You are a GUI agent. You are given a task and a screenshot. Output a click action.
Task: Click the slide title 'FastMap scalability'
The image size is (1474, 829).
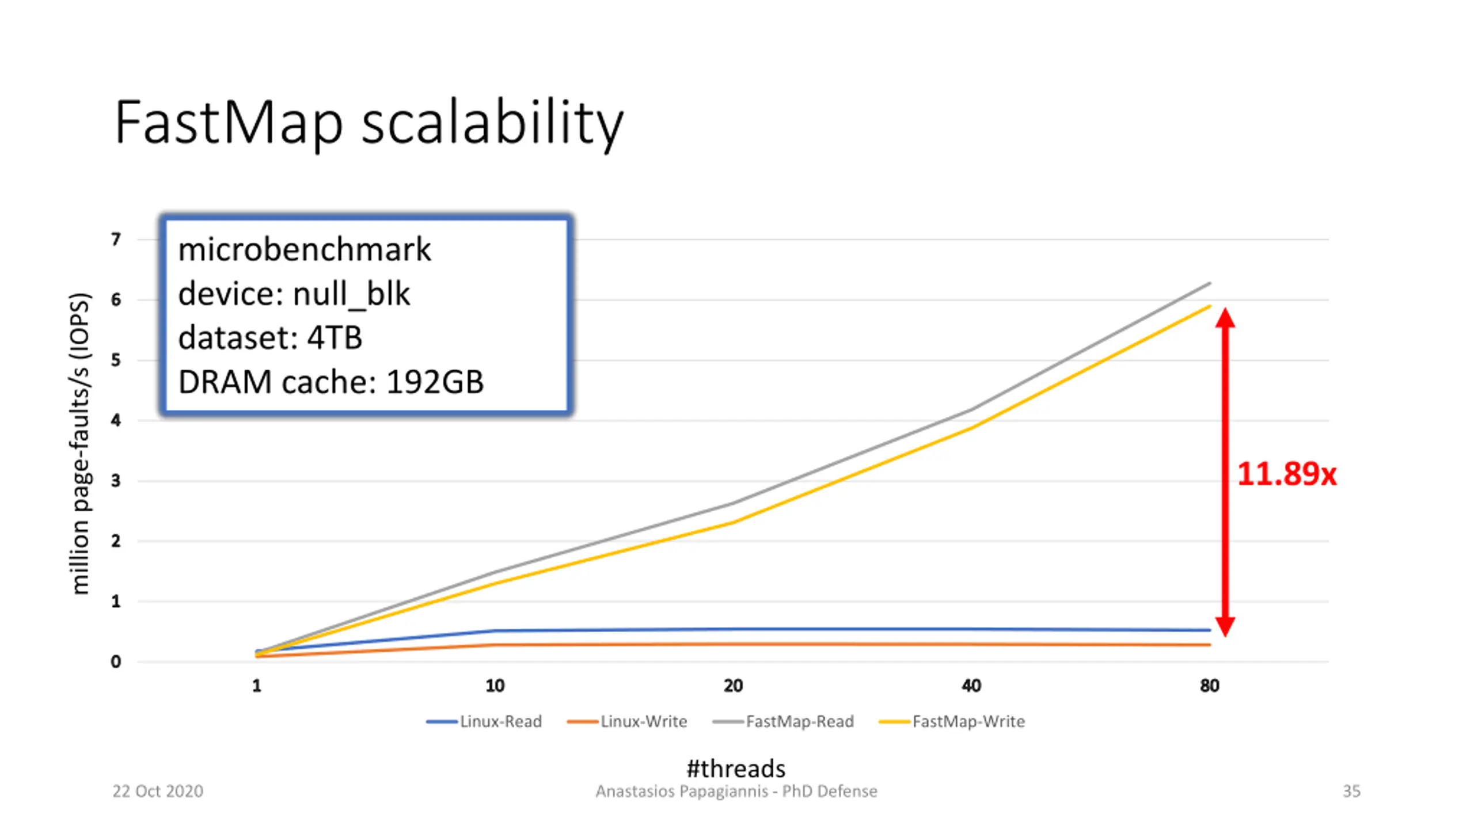point(368,122)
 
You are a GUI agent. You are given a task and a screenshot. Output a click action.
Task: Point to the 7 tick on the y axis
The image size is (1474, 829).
point(116,239)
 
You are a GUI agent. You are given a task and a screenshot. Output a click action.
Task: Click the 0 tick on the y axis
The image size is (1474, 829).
point(116,662)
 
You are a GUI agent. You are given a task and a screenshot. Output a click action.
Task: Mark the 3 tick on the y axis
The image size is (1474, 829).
point(116,481)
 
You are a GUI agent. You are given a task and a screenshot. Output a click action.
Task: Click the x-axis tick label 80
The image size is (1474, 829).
point(1210,686)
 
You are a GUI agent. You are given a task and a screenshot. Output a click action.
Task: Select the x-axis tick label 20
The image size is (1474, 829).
point(733,686)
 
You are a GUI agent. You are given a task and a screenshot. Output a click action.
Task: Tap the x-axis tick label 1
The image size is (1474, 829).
point(257,686)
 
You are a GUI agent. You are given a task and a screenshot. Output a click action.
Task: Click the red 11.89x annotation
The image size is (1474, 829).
point(1286,474)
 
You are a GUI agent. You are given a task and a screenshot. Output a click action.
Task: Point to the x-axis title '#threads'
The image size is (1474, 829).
point(736,769)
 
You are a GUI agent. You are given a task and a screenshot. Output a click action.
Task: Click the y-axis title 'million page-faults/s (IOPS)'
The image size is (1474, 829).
point(80,443)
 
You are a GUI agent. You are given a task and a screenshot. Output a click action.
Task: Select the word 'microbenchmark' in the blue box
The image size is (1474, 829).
point(305,250)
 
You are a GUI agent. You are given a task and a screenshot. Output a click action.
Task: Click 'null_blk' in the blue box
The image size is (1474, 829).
point(351,294)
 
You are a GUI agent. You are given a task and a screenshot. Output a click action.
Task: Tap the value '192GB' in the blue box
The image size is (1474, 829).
point(435,382)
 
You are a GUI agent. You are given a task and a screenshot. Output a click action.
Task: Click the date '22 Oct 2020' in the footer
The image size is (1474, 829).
point(158,791)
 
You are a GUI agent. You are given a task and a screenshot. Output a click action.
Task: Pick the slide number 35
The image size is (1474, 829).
point(1351,791)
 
